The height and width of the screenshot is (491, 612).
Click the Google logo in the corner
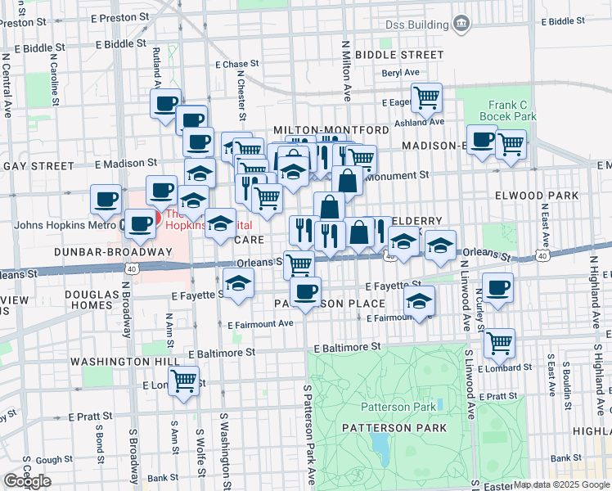click(x=27, y=481)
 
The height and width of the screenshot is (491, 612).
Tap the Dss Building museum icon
click(x=461, y=21)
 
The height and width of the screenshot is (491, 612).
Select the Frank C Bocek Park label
click(x=512, y=110)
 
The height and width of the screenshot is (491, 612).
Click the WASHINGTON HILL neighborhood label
click(x=113, y=361)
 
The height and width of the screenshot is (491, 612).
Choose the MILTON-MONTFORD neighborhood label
click(x=331, y=130)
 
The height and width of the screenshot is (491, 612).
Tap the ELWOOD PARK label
click(x=537, y=196)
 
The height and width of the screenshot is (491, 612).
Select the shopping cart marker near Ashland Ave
click(x=426, y=99)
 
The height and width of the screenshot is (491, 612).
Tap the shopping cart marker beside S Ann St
click(x=185, y=381)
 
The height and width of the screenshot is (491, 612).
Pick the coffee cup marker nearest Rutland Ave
click(x=165, y=104)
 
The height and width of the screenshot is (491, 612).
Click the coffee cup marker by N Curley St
click(x=497, y=288)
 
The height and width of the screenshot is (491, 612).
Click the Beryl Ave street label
click(x=400, y=73)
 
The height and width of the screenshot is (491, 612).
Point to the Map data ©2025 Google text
click(x=561, y=484)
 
